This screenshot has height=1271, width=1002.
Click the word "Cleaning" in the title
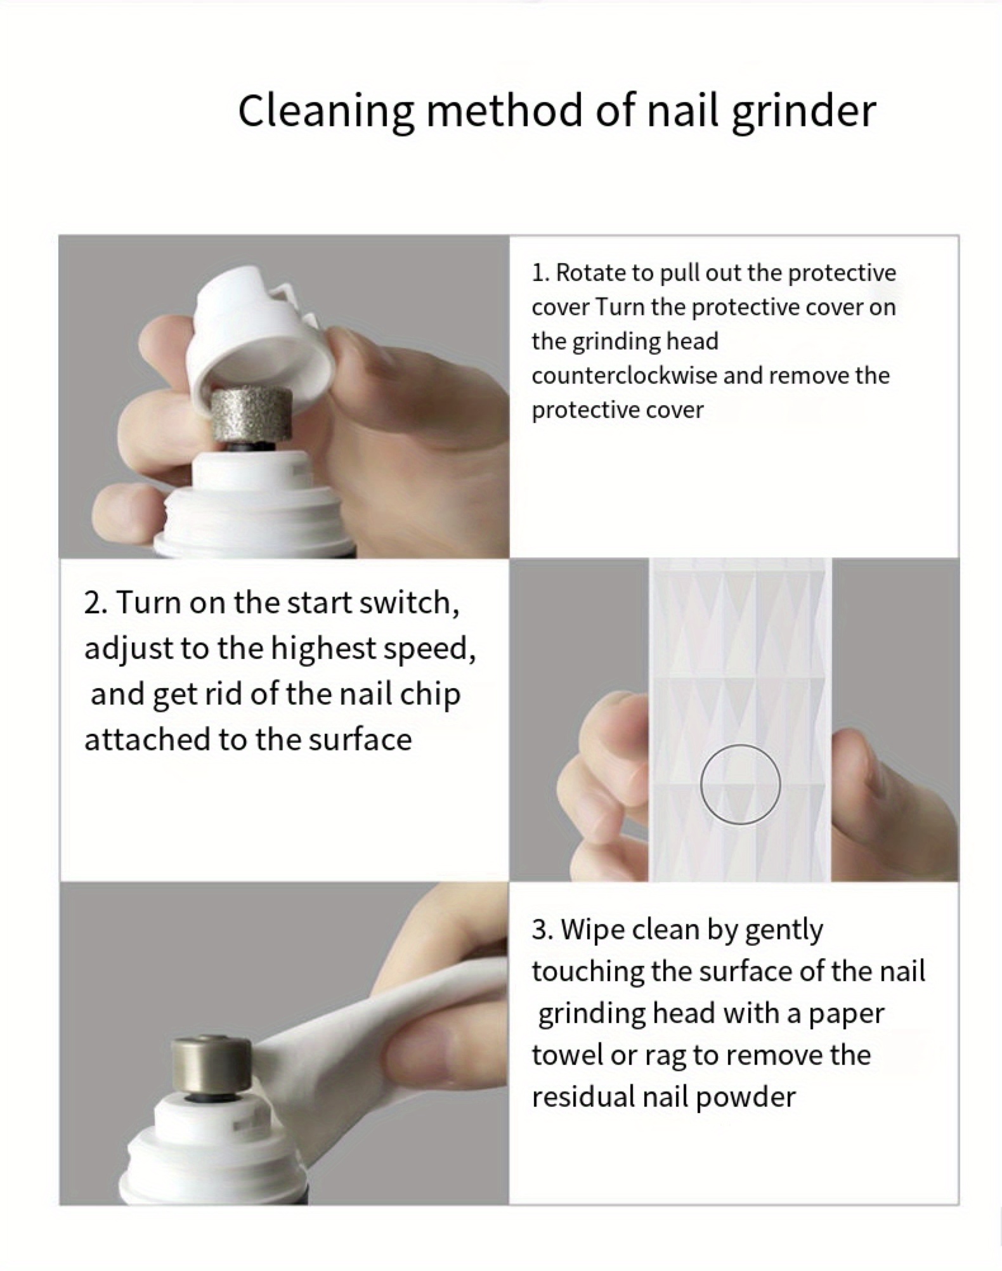click(325, 111)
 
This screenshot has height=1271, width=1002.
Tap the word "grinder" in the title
click(804, 111)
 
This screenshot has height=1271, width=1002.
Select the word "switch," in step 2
click(409, 603)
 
